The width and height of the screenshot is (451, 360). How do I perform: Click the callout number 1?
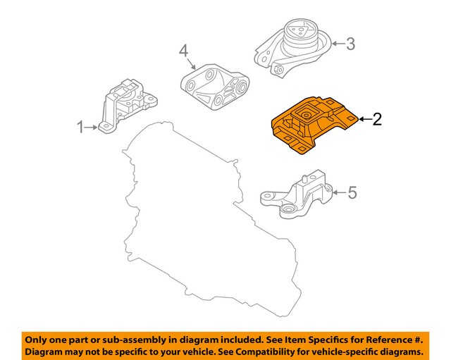click(x=80, y=128)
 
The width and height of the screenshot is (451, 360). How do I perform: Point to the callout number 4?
click(x=183, y=51)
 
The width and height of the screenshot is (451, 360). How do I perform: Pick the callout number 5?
click(x=353, y=192)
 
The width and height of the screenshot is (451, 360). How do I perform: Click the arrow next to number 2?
click(x=364, y=120)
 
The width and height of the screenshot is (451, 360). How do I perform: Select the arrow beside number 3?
click(x=337, y=44)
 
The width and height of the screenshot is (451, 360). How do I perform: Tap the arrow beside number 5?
click(x=338, y=192)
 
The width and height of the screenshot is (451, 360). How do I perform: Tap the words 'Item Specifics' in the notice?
click(x=300, y=339)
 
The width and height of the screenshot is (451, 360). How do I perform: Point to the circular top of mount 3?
click(x=299, y=31)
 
